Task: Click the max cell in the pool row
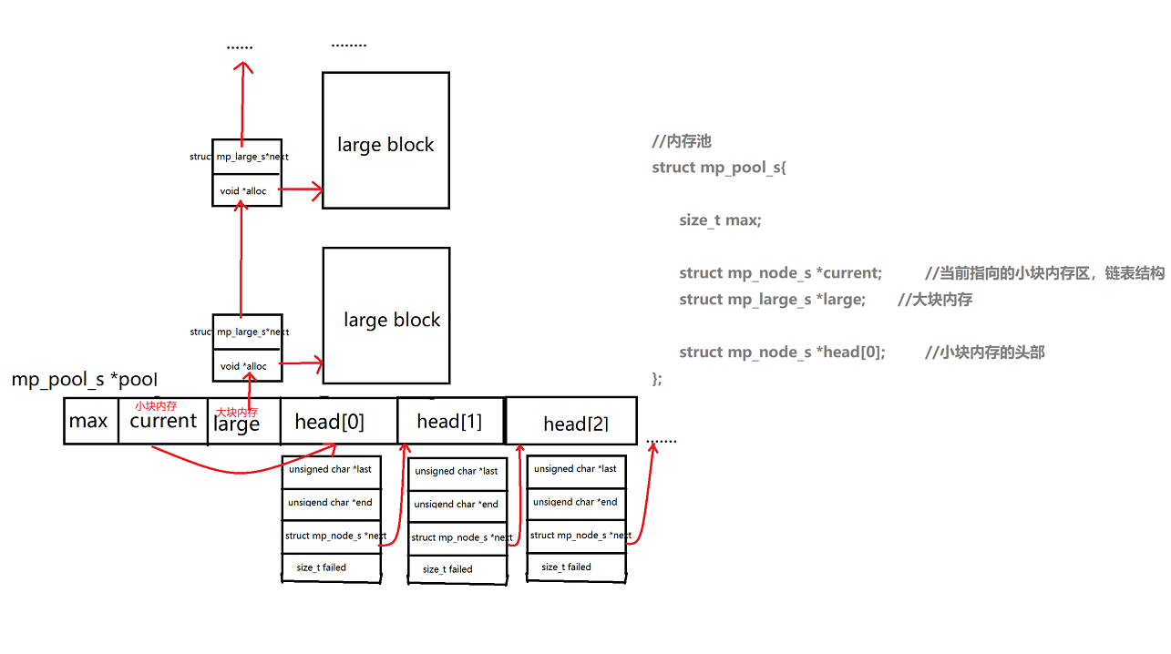click(x=90, y=421)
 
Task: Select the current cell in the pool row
click(x=163, y=421)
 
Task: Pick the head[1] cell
click(x=450, y=421)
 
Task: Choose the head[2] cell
click(x=571, y=423)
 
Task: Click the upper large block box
click(x=385, y=141)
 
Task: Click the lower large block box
click(x=385, y=316)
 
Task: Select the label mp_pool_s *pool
click(x=84, y=380)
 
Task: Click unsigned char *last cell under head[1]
click(x=457, y=471)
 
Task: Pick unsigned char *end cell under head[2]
click(x=576, y=502)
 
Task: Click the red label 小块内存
click(x=156, y=406)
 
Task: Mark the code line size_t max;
click(x=719, y=220)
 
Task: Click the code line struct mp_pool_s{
click(x=719, y=168)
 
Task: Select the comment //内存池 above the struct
click(x=681, y=141)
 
